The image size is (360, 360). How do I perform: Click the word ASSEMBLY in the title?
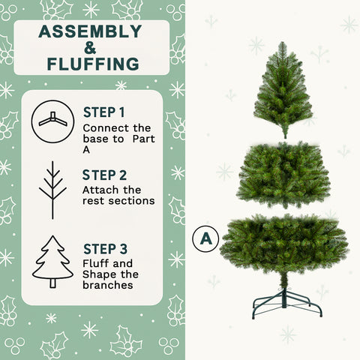tap(90, 31)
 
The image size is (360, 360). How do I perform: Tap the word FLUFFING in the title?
tap(91, 63)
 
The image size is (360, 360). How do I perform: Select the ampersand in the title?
tap(90, 47)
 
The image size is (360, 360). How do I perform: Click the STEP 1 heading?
tap(104, 113)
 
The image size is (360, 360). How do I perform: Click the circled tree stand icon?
tap(52, 121)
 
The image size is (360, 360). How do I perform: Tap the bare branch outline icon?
tap(52, 190)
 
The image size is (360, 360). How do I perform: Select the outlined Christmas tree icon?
tap(52, 262)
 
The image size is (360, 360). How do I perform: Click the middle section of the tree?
tap(283, 174)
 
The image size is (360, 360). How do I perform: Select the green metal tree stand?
tap(286, 301)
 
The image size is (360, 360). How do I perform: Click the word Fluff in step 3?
tap(96, 264)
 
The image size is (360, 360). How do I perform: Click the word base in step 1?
tap(96, 139)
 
